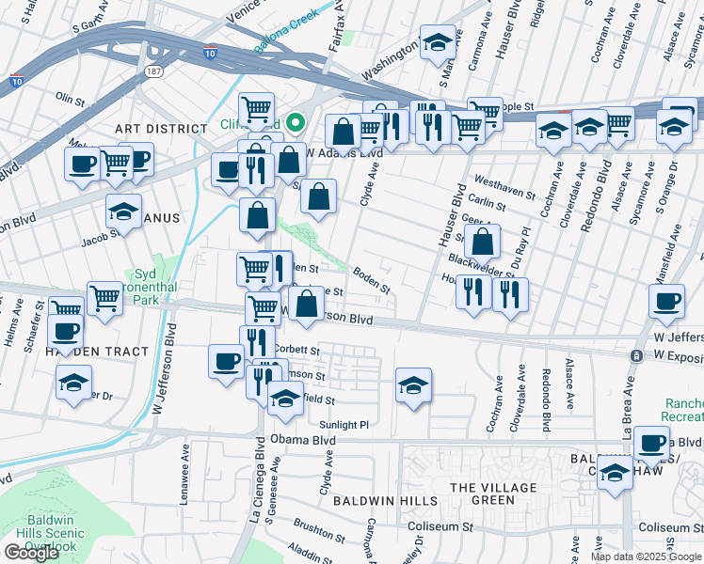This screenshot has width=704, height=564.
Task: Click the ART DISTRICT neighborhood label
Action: pyautogui.click(x=160, y=128)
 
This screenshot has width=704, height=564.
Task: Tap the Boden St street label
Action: pyautogui.click(x=371, y=279)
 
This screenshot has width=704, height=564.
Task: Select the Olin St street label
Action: pyautogui.click(x=70, y=97)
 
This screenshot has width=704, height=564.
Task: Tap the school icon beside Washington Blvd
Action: pyautogui.click(x=436, y=43)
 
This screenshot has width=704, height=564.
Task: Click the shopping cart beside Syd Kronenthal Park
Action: pyautogui.click(x=104, y=299)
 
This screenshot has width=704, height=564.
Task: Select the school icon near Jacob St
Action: pyautogui.click(x=122, y=213)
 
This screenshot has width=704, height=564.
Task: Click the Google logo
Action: pyautogui.click(x=31, y=553)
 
